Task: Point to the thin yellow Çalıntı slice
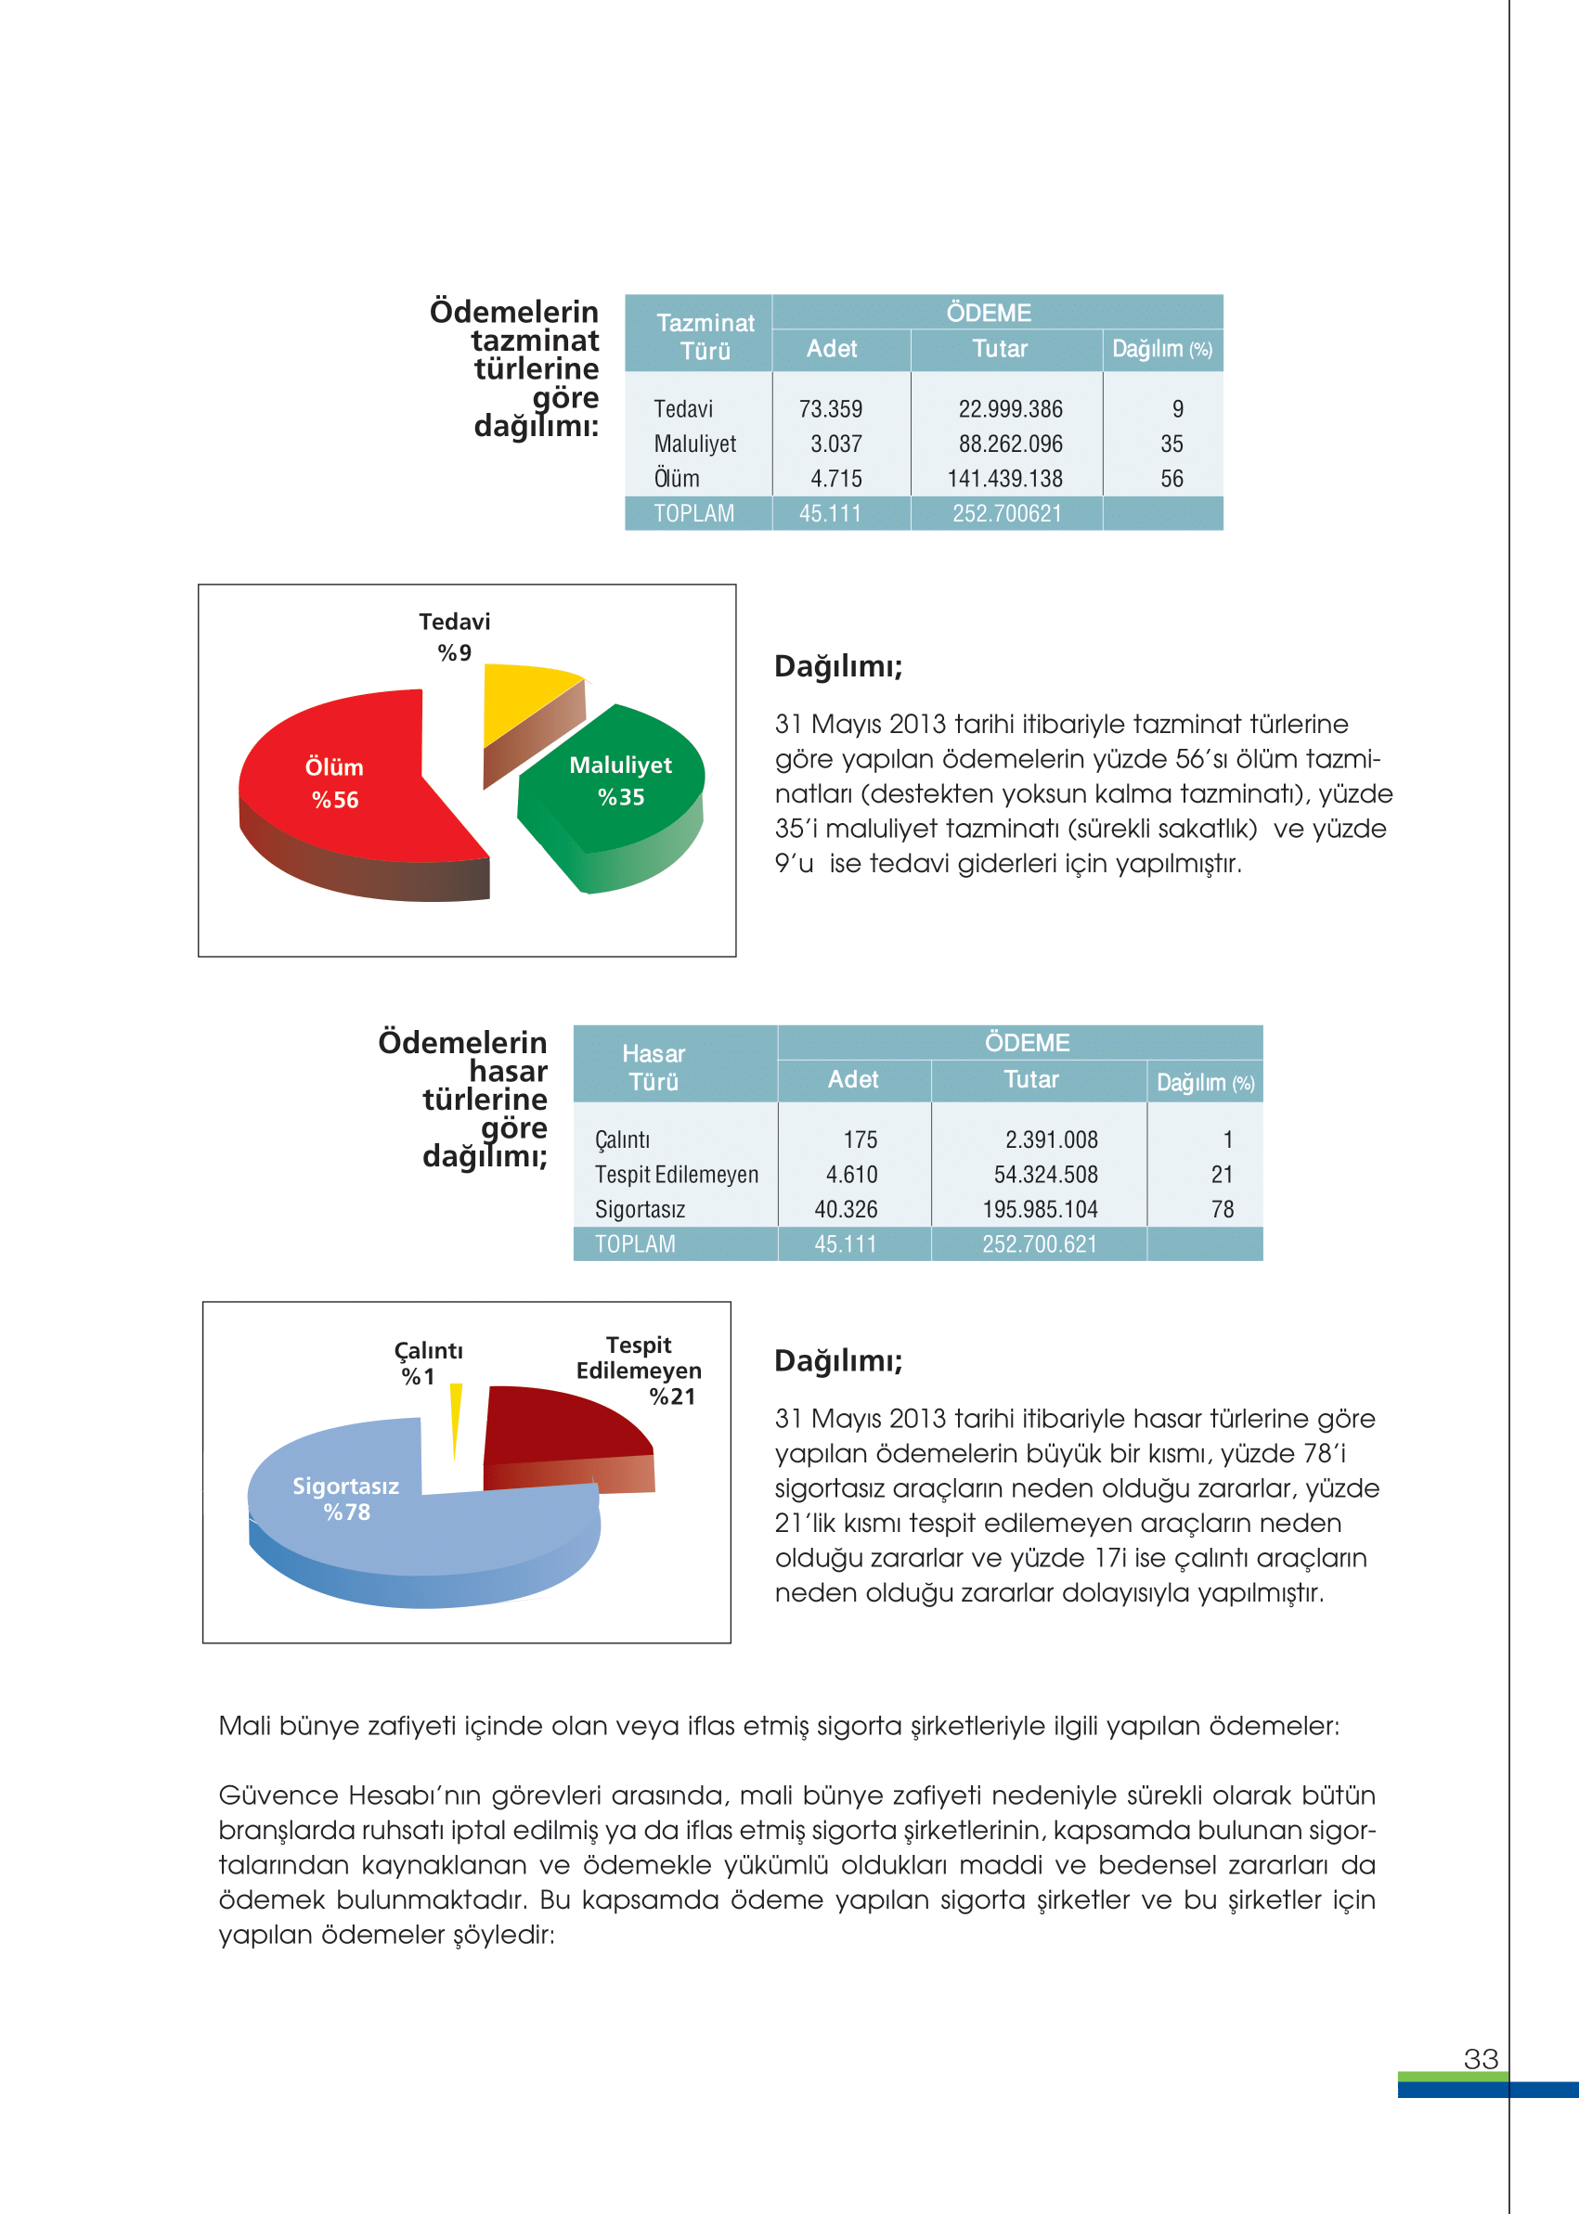point(455,1414)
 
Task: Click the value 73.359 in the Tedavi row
point(830,409)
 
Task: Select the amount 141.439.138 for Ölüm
point(1004,479)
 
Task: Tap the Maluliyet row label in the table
point(694,444)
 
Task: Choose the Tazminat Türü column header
point(705,336)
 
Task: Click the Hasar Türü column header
point(654,1067)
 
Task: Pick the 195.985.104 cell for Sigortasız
point(1040,1210)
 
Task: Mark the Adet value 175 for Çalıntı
point(860,1140)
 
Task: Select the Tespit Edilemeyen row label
point(676,1175)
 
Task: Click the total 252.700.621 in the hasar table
point(1039,1245)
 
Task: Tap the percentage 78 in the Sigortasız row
point(1223,1210)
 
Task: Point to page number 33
point(1480,2058)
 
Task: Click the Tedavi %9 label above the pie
point(454,637)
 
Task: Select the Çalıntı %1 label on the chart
point(428,1362)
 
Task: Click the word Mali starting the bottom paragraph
point(244,1726)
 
